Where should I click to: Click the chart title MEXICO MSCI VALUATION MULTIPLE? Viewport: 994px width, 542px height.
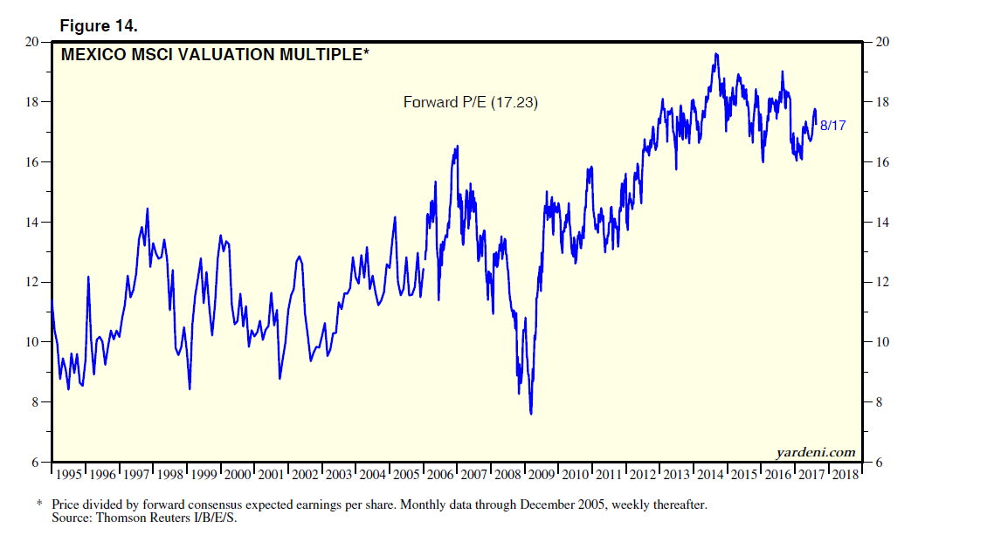pyautogui.click(x=215, y=55)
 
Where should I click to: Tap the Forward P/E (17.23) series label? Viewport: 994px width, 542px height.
pyautogui.click(x=470, y=102)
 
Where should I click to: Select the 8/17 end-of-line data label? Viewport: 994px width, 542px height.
pyautogui.click(x=832, y=126)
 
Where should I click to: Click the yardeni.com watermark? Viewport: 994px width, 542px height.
pyautogui.click(x=815, y=451)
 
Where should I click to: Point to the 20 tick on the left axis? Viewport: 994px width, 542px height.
pyautogui.click(x=34, y=42)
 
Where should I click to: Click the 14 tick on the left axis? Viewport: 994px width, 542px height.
pyautogui.click(x=34, y=223)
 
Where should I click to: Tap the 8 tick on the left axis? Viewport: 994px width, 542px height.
pyautogui.click(x=37, y=402)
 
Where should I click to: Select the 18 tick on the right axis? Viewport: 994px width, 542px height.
pyautogui.click(x=880, y=102)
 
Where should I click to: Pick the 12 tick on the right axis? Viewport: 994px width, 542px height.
pyautogui.click(x=880, y=283)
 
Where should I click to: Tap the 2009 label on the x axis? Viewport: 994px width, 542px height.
pyautogui.click(x=542, y=475)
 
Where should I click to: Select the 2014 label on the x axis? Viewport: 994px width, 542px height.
pyautogui.click(x=711, y=475)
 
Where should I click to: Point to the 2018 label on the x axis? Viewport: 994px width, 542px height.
pyautogui.click(x=846, y=475)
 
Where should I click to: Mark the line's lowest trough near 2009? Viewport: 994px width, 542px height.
pyautogui.click(x=531, y=414)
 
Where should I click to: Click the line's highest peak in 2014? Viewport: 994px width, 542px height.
pyautogui.click(x=716, y=54)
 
